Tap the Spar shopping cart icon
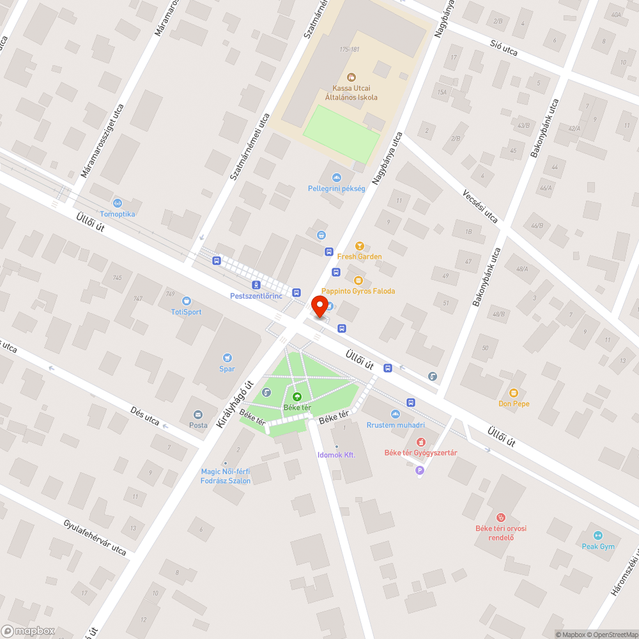(x=227, y=358)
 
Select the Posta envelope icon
(x=198, y=414)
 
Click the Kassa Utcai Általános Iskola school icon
(x=351, y=77)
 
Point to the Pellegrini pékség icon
(x=336, y=178)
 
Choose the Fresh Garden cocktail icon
(x=359, y=246)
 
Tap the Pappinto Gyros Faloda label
(x=358, y=291)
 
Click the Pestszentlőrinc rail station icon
(x=256, y=285)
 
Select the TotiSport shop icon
(x=186, y=301)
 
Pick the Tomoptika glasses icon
(x=118, y=203)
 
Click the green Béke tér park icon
(x=297, y=397)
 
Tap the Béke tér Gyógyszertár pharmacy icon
(x=420, y=442)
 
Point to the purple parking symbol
(x=420, y=471)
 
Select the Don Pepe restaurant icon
(x=514, y=393)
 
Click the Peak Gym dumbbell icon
(x=598, y=535)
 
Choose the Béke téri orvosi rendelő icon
(x=501, y=517)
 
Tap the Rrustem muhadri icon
(x=396, y=414)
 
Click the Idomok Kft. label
(x=336, y=455)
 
